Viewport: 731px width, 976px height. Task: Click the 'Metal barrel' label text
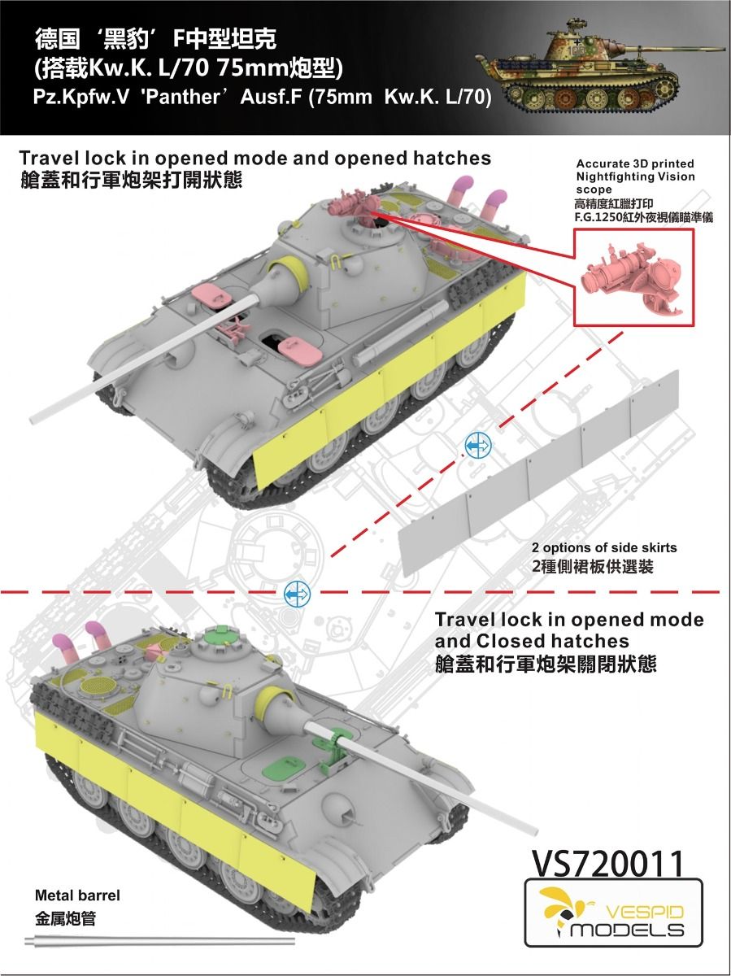click(77, 895)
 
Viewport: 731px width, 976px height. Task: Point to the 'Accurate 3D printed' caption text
click(635, 164)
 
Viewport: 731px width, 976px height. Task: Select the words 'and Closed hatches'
click(532, 642)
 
